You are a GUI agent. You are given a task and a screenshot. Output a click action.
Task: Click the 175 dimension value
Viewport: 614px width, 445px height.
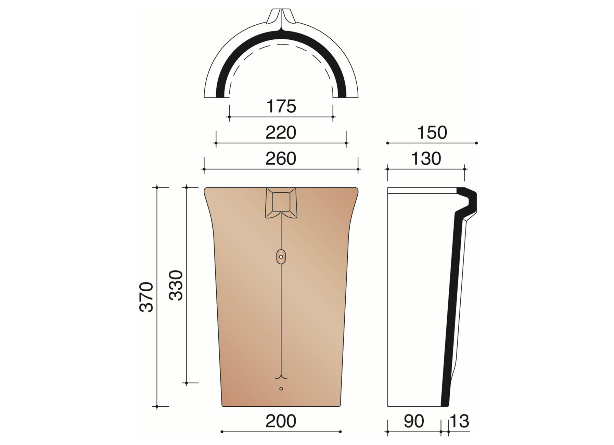(x=281, y=106)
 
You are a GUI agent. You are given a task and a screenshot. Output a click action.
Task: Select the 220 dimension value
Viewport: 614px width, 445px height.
(x=281, y=133)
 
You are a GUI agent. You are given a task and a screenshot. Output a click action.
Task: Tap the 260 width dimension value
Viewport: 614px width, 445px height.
(x=281, y=159)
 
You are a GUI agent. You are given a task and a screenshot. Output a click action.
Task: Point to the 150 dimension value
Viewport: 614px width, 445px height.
(x=432, y=133)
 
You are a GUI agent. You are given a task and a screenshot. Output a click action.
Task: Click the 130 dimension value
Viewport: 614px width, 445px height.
(x=426, y=159)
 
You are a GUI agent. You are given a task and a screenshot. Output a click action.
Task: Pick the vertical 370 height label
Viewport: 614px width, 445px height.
(x=147, y=297)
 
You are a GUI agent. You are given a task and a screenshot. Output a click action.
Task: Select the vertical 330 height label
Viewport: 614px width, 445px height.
(x=177, y=285)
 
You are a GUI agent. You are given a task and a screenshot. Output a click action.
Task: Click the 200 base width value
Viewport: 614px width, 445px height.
(x=281, y=421)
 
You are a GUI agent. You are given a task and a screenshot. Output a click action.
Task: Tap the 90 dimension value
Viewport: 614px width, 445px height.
(x=414, y=421)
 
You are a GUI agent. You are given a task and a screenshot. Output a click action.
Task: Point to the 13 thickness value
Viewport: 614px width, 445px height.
(x=459, y=421)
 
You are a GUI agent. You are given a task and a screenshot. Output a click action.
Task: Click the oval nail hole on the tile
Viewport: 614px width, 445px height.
(x=281, y=257)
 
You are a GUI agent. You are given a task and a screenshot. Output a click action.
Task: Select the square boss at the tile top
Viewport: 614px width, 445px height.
(x=281, y=202)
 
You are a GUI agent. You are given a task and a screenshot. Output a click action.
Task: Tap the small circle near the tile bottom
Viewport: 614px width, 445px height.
(x=281, y=389)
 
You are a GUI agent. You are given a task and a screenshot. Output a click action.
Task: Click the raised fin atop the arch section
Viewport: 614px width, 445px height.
(x=281, y=17)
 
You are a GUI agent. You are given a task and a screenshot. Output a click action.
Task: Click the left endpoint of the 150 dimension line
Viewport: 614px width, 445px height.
(x=387, y=143)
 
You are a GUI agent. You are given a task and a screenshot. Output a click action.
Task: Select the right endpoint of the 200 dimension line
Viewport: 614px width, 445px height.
(x=340, y=432)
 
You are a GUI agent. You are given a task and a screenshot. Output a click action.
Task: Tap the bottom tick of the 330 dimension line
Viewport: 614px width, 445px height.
(x=187, y=383)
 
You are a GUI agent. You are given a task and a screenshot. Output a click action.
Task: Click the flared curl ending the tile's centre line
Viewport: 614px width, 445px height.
(x=281, y=377)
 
